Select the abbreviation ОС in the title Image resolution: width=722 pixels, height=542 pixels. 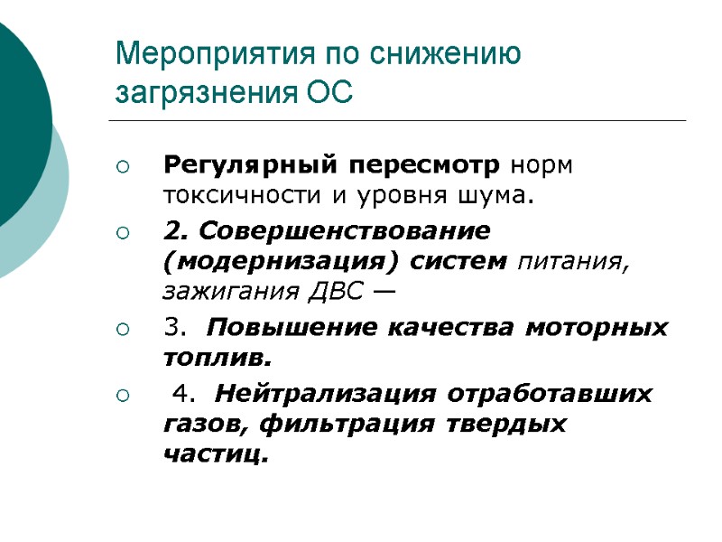(329, 92)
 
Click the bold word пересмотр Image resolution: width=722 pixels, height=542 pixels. (425, 167)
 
